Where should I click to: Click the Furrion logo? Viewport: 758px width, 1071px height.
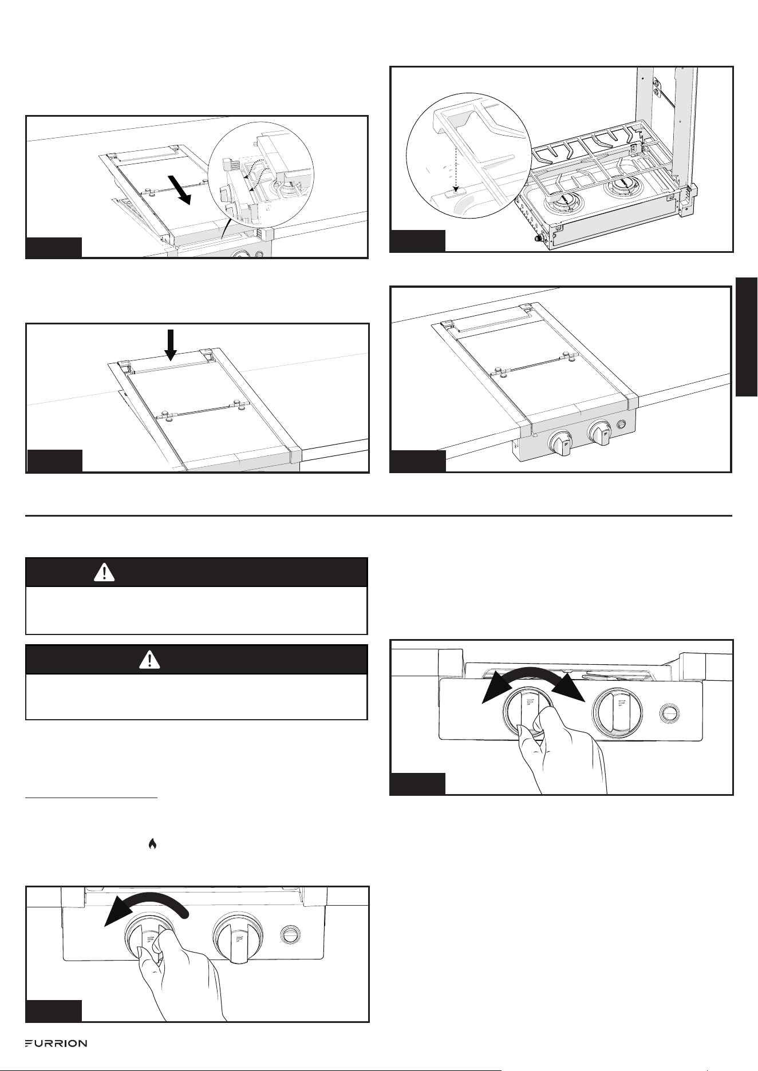coord(56,1043)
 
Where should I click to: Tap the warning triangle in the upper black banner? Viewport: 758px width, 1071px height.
coord(104,572)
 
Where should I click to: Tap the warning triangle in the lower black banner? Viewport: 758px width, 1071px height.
coord(150,660)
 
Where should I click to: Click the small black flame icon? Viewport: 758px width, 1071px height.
coord(152,843)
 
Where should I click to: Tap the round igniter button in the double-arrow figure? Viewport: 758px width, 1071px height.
coord(669,713)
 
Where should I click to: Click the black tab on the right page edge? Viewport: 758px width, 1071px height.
coord(747,336)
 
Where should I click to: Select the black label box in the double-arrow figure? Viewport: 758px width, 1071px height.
coord(417,784)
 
